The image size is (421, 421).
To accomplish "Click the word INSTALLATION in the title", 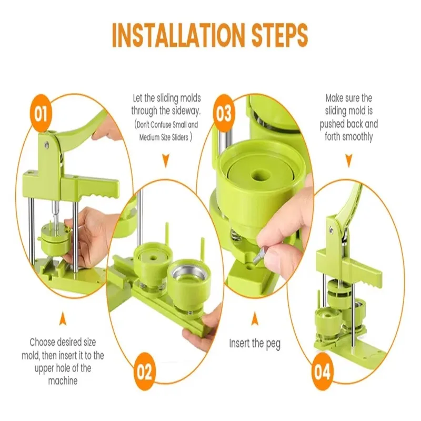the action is pos(178,35).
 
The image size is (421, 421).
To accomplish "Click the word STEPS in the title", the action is pos(279,35).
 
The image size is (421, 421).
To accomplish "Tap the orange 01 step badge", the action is pos(41,113).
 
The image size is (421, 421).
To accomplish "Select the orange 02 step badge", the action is pos(144,372).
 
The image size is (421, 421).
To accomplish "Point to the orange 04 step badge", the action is pos(322,372).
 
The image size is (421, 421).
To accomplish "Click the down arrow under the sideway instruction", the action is pos(166,161).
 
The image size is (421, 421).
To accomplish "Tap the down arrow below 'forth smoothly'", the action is pos(348,161).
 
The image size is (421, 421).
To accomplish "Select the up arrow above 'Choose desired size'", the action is pos(63,319).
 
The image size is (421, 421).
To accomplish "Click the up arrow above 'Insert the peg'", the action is pos(255,319).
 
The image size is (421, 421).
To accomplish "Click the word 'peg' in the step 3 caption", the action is pos(273,344).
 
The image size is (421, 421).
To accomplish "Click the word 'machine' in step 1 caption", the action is pos(63,380).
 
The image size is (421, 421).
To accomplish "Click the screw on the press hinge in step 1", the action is pos(46,145).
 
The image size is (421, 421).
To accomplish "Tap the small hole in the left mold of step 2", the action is pos(154,258).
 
